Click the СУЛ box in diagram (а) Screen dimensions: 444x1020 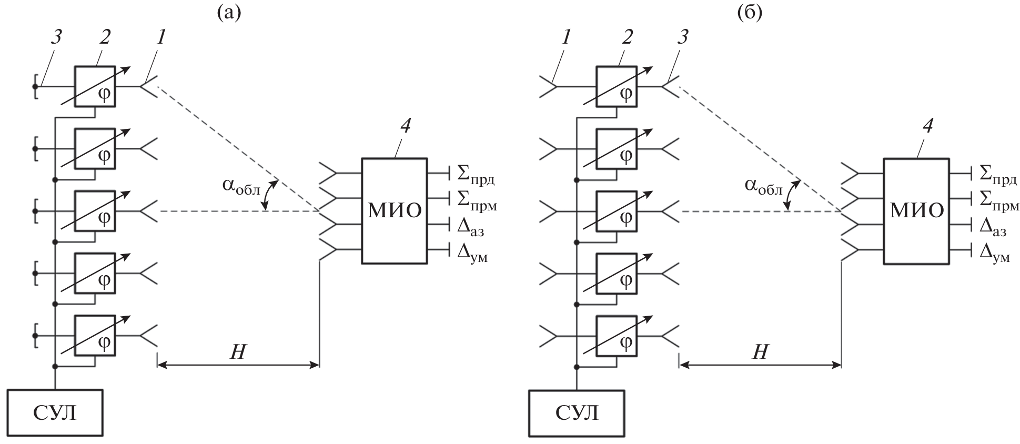click(55, 412)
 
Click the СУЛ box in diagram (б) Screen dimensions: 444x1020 click(577, 412)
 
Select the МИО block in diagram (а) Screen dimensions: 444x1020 click(394, 210)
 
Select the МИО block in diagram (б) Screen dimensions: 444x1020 click(916, 210)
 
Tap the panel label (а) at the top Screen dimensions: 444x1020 click(229, 13)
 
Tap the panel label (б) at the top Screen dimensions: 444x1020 click(750, 13)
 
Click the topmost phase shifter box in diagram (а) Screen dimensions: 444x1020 click(95, 86)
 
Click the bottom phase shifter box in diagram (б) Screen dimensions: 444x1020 click(617, 336)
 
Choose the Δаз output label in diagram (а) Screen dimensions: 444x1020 click(470, 227)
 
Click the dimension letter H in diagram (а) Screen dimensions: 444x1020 click(238, 352)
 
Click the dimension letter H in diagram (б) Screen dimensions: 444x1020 click(760, 352)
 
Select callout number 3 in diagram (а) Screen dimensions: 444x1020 click(56, 37)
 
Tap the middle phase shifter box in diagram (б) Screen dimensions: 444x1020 click(617, 211)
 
